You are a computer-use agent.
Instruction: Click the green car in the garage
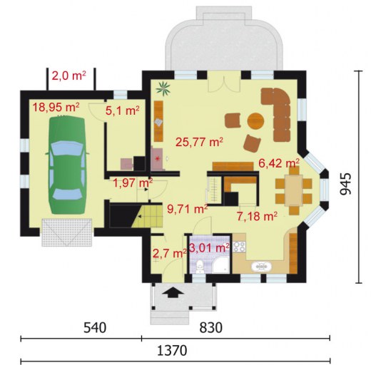(x=66, y=165)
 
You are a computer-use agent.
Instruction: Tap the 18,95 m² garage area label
(x=56, y=107)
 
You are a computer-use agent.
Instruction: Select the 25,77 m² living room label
(x=199, y=142)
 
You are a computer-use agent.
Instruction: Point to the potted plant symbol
(x=163, y=88)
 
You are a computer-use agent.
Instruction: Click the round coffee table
(x=255, y=120)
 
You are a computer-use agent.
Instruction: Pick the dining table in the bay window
(x=294, y=190)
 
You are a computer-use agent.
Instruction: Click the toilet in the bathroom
(x=200, y=267)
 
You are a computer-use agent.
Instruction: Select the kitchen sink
(x=261, y=267)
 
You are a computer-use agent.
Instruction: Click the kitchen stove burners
(x=239, y=247)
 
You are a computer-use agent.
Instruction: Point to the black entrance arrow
(x=173, y=292)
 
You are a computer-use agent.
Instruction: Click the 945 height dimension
(x=345, y=184)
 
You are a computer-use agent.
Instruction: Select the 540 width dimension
(x=95, y=327)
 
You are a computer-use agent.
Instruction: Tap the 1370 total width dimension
(x=172, y=350)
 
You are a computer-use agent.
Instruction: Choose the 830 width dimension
(x=210, y=327)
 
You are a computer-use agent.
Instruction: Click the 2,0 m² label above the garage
(x=69, y=76)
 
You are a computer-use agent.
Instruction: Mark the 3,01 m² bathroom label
(x=209, y=248)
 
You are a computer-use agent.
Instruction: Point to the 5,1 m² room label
(x=122, y=110)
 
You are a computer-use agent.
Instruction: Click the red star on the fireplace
(x=157, y=158)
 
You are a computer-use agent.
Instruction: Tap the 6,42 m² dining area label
(x=279, y=163)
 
